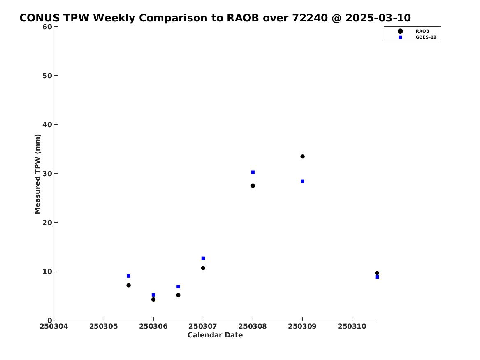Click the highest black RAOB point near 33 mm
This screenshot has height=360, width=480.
coord(302,156)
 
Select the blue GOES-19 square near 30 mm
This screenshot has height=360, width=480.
coord(253,172)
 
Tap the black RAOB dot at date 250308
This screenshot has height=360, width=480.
coord(253,186)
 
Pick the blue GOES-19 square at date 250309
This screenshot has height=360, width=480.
coord(302,181)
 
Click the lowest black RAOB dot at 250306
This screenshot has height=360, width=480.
coord(153,300)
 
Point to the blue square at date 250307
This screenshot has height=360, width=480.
coord(203,258)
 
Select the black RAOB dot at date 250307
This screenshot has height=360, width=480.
coord(203,268)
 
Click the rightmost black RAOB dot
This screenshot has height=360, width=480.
coord(377,273)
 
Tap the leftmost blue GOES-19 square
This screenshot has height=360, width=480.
coord(129,276)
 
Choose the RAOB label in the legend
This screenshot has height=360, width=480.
coord(422,31)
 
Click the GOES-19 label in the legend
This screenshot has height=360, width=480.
coord(426,37)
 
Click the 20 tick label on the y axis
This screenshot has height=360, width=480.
coord(47,223)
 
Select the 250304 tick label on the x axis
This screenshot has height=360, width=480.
coord(54,326)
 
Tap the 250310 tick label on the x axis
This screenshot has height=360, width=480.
coord(352,326)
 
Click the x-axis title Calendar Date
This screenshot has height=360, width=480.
coord(215,335)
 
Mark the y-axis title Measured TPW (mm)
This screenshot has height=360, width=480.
coord(37,174)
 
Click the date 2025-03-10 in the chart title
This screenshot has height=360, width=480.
coord(378,18)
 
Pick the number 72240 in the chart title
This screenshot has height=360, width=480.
coord(310,18)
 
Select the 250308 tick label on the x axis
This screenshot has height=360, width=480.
coord(253,326)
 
